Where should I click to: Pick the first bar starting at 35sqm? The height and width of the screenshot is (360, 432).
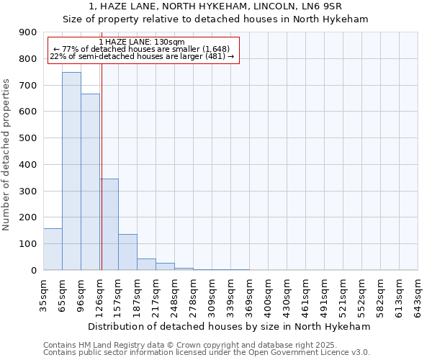point(53,249)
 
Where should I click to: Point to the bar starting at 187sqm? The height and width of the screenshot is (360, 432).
point(146,264)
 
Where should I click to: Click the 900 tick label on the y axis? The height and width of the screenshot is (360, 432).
point(28,32)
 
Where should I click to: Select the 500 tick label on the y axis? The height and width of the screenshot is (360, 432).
point(28,138)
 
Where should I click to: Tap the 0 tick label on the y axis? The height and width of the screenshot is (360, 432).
point(34,270)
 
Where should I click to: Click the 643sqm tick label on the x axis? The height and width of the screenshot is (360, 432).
point(418,295)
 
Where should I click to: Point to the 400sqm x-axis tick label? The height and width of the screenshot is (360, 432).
point(269,295)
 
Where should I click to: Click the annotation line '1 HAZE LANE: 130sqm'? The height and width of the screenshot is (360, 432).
point(142,42)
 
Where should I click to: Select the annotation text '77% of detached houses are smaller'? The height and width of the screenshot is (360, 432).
point(142,50)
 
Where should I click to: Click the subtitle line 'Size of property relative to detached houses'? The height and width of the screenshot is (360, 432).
point(216,19)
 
